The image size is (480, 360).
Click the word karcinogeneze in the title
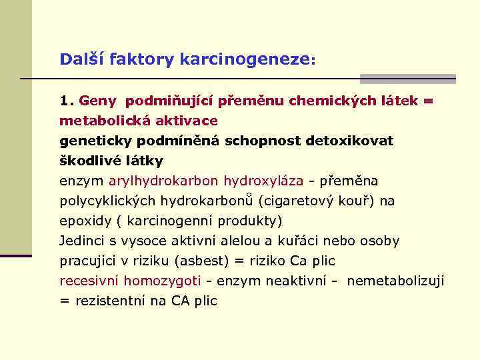[x=257, y=59]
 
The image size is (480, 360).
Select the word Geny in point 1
[x=97, y=101]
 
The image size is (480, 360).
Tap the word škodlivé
[x=86, y=161]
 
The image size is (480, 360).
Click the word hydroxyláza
[x=263, y=181]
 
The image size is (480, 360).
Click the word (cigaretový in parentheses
[x=296, y=201]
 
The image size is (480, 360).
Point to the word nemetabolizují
[x=396, y=281]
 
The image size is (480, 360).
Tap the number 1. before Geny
[x=65, y=101]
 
